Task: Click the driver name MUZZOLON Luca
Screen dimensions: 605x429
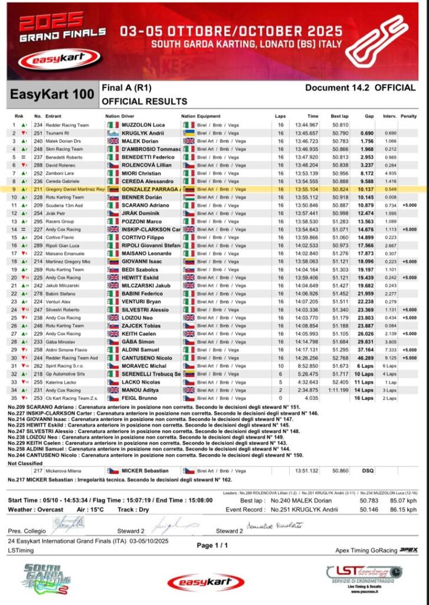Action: click(x=143, y=125)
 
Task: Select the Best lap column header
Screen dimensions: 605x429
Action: click(x=340, y=116)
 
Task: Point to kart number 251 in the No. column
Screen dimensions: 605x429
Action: click(x=38, y=134)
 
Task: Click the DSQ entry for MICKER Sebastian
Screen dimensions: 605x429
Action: click(x=368, y=471)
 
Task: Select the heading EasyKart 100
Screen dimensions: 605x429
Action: click(x=52, y=94)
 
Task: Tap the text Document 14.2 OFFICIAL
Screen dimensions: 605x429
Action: click(x=360, y=87)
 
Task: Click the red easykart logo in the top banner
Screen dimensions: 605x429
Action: click(x=58, y=58)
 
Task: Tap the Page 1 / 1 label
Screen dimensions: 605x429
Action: click(x=212, y=545)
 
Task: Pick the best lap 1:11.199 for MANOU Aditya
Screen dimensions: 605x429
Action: click(x=339, y=390)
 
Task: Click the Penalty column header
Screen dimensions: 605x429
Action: click(x=408, y=116)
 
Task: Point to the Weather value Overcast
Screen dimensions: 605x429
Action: click(x=51, y=509)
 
